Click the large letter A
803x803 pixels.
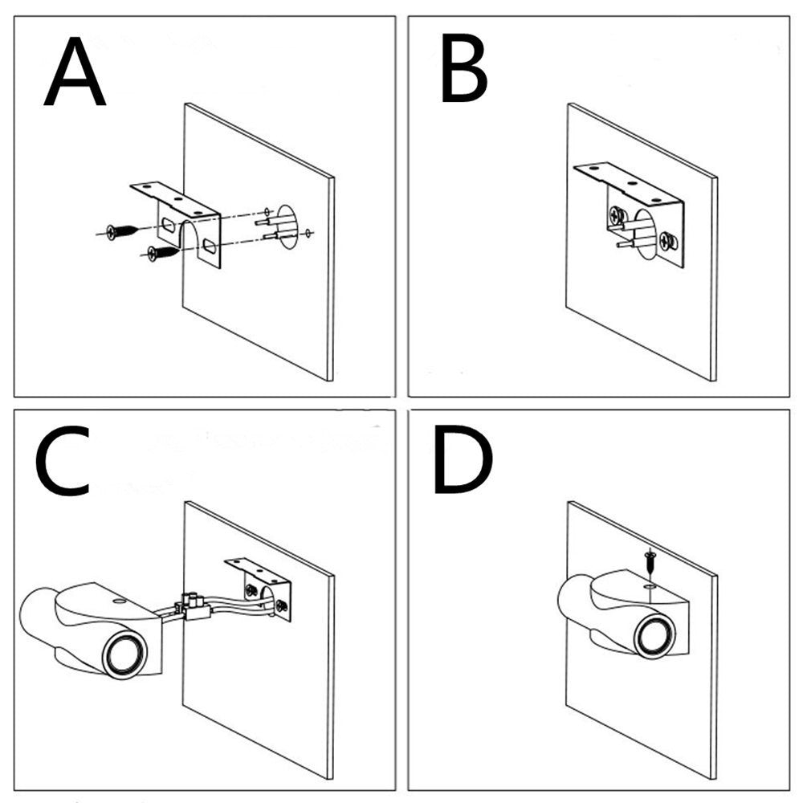pyautogui.click(x=75, y=75)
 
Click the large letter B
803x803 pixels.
pyautogui.click(x=463, y=73)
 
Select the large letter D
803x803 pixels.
pyautogui.click(x=463, y=464)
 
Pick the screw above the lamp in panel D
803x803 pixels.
pyautogui.click(x=647, y=560)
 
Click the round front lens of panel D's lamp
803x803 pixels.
pyautogui.click(x=655, y=637)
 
